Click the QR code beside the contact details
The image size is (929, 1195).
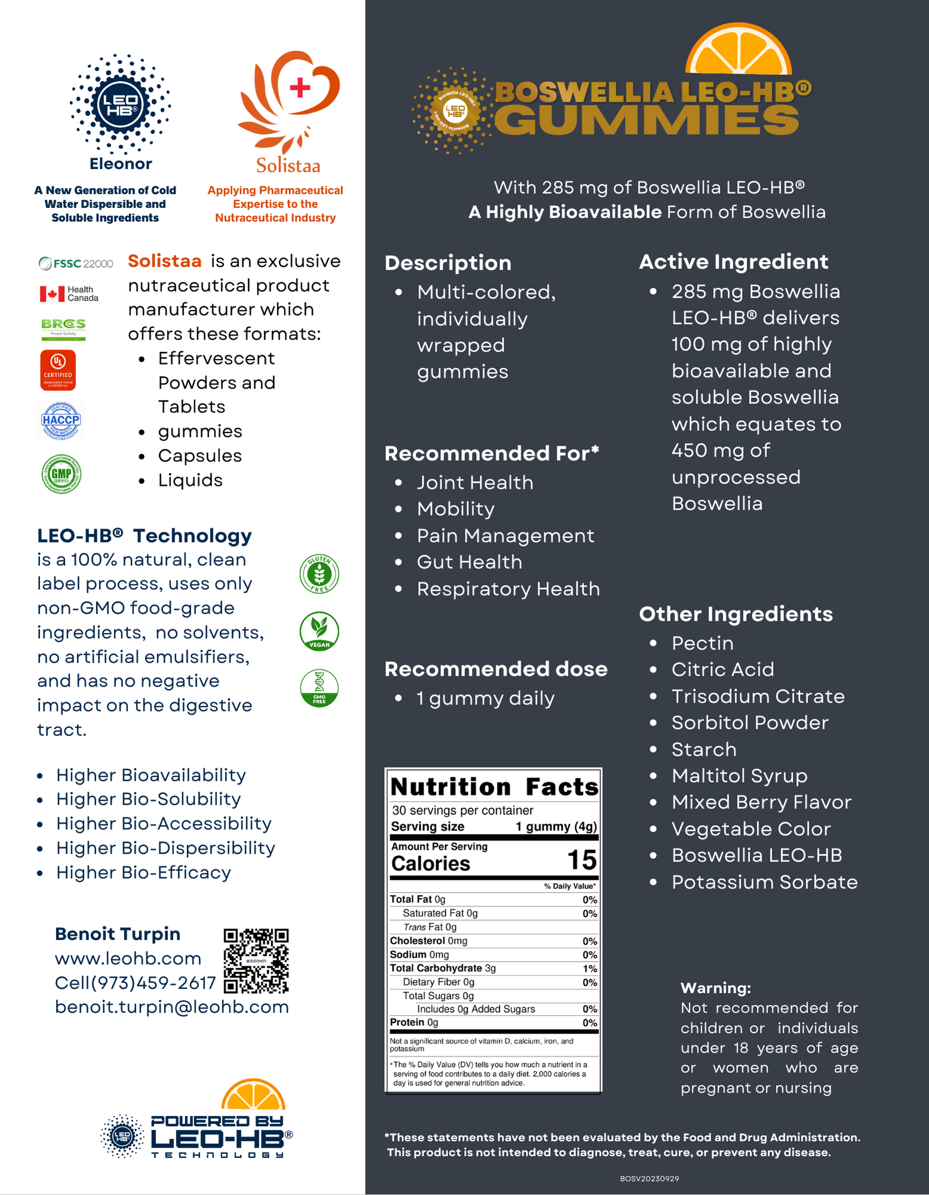tap(256, 961)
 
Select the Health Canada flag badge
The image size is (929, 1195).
tap(69, 293)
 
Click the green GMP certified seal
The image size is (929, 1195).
tap(62, 474)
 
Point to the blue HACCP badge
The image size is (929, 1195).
tap(61, 420)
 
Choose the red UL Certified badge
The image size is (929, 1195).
tap(58, 370)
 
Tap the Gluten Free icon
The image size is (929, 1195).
tap(320, 574)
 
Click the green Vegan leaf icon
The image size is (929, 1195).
tap(320, 631)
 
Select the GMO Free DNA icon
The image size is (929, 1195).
tap(320, 688)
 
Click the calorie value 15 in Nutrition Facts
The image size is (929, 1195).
tap(581, 860)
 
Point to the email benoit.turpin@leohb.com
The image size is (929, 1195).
tap(171, 1007)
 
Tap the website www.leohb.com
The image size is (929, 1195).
tap(128, 958)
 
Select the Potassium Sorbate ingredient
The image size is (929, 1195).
tap(764, 882)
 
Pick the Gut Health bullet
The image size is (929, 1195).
tap(469, 562)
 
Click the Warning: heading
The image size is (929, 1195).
tap(716, 988)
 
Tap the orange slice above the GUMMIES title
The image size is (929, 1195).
tap(738, 51)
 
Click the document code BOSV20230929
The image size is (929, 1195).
tap(649, 1178)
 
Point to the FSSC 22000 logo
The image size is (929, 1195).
tap(76, 263)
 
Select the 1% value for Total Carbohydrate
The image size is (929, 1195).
tap(590, 969)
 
